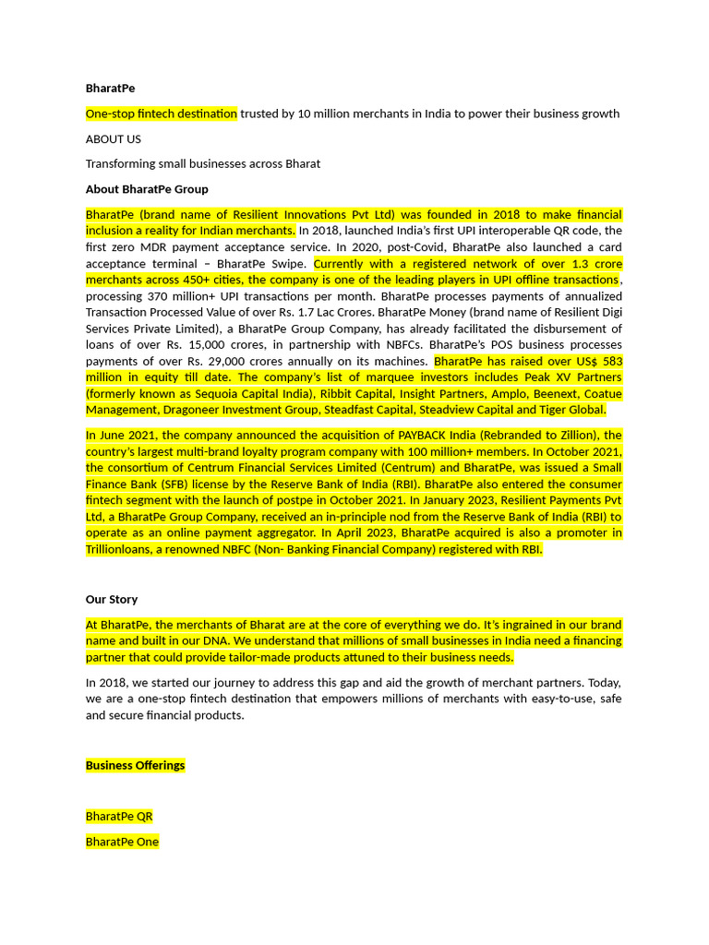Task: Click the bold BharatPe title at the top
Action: [110, 89]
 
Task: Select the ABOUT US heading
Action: [114, 139]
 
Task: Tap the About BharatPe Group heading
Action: [147, 189]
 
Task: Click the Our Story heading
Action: [112, 599]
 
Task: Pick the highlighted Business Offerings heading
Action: [135, 765]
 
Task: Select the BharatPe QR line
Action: [119, 817]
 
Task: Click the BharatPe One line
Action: [122, 842]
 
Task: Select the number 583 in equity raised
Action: [609, 362]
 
